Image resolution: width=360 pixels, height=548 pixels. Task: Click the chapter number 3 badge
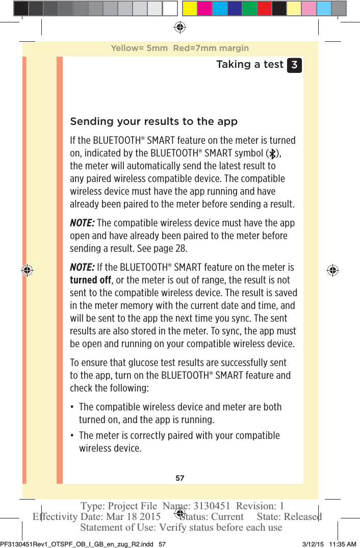[x=294, y=65]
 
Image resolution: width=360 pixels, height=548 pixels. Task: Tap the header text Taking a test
[x=249, y=64]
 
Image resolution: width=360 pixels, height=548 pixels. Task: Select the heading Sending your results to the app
[x=153, y=121]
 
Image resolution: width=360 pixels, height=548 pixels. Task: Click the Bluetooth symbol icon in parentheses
[x=273, y=153]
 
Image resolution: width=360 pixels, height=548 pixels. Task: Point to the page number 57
[x=179, y=478]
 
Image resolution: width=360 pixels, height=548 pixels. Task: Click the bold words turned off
[x=90, y=280]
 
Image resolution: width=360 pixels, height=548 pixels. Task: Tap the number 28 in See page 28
[x=181, y=248]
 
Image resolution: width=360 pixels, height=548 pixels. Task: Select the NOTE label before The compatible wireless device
[x=82, y=223]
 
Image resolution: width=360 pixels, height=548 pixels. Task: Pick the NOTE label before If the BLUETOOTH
[x=82, y=267]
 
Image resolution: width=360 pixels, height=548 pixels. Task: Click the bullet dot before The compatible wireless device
[x=73, y=407]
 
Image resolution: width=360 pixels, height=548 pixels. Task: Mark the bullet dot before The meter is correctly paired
[x=73, y=436]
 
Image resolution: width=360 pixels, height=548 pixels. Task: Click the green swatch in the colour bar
[x=249, y=8]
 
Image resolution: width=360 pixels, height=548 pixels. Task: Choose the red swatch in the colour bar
[x=264, y=8]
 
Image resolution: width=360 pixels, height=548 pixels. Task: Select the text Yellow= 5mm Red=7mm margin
[x=179, y=48]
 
